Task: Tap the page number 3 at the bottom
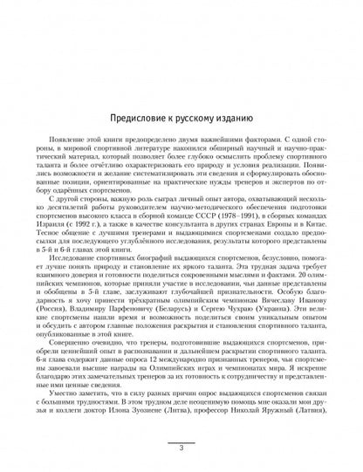(x=181, y=448)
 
